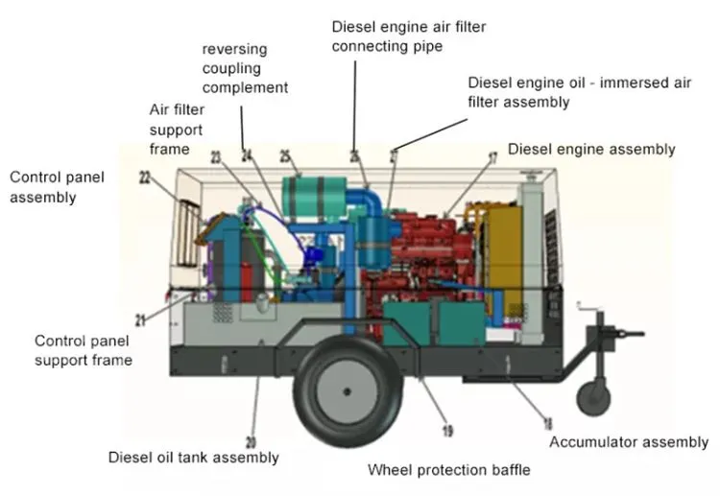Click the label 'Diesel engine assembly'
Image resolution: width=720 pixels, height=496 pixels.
[590, 149]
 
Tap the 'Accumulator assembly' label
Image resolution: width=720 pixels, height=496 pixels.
[628, 442]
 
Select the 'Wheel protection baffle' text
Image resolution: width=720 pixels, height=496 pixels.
[448, 470]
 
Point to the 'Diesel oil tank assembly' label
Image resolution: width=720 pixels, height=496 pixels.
[193, 458]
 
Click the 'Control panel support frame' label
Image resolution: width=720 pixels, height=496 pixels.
[83, 350]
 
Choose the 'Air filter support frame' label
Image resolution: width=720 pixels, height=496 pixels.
[176, 130]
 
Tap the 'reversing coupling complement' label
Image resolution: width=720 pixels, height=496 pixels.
[245, 68]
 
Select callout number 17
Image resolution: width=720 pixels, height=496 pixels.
[492, 157]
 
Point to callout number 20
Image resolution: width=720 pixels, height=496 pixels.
[252, 441]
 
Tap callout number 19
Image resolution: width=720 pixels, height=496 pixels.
[446, 432]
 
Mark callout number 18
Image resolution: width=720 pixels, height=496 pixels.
[548, 422]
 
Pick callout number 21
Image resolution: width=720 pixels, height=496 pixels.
[140, 319]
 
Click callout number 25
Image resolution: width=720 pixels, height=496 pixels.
[285, 155]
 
